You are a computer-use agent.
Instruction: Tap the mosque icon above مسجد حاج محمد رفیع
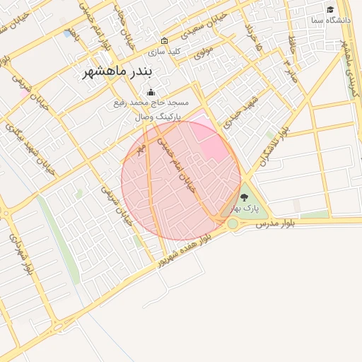tap(150, 92)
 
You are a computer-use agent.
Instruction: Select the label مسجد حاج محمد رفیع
tap(150, 103)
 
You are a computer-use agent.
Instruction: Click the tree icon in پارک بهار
tap(245, 197)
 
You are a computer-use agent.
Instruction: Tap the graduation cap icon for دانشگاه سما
tap(330, 9)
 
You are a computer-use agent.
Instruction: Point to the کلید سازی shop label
tap(164, 52)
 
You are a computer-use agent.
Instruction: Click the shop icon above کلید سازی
tap(165, 40)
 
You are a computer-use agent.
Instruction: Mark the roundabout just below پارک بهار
tap(232, 224)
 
